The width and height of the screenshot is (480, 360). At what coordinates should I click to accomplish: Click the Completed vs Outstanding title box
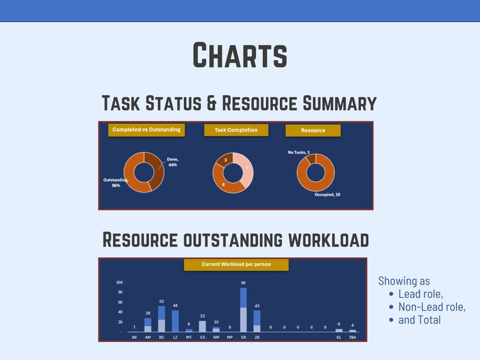pyautogui.click(x=146, y=129)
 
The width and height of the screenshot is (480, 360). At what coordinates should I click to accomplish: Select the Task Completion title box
pyautogui.click(x=235, y=130)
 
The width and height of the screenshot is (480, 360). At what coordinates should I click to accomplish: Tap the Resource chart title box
pyautogui.click(x=313, y=130)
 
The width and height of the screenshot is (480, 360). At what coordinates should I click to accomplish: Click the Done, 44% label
pyautogui.click(x=173, y=162)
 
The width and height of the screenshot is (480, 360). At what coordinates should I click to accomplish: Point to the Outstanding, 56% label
pyautogui.click(x=112, y=182)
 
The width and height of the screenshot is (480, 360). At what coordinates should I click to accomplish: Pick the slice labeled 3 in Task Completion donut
pyautogui.click(x=225, y=160)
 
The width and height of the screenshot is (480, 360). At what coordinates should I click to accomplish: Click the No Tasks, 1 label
pyautogui.click(x=299, y=152)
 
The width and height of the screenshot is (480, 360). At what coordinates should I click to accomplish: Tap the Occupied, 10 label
pyautogui.click(x=327, y=194)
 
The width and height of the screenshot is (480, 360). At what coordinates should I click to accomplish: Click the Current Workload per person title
pyautogui.click(x=236, y=265)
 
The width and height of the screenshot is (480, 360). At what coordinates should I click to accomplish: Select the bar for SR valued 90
pyautogui.click(x=243, y=309)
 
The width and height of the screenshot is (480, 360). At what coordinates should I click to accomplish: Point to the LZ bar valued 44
pyautogui.click(x=175, y=321)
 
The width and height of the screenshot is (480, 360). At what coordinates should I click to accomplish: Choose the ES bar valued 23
pyautogui.click(x=203, y=326)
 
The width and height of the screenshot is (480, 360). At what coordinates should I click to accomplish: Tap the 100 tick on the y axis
pyautogui.click(x=119, y=282)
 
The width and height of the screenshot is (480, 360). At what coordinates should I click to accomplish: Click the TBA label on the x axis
pyautogui.click(x=352, y=338)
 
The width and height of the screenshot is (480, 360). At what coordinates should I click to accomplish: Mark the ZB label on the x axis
pyautogui.click(x=257, y=338)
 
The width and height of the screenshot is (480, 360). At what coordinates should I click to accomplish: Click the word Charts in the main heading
pyautogui.click(x=239, y=56)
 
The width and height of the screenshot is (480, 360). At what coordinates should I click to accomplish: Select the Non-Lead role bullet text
pyautogui.click(x=431, y=307)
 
